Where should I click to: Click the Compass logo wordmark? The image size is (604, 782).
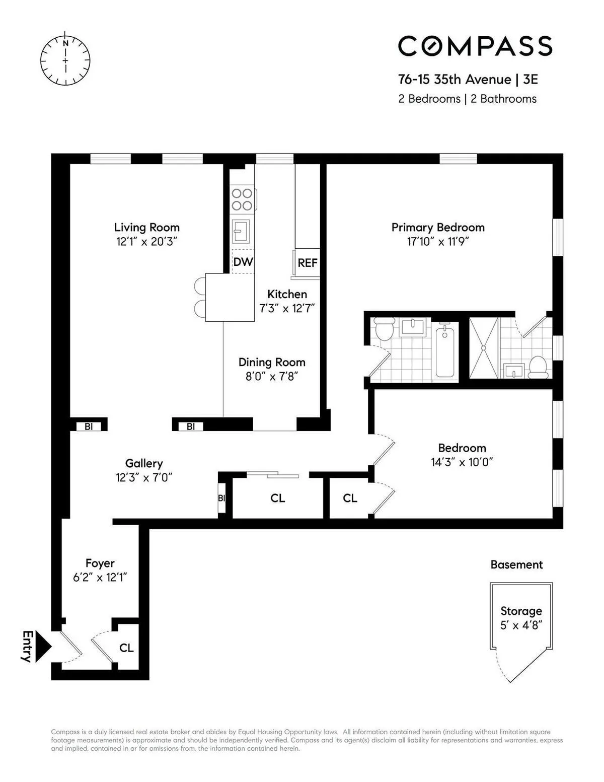point(475,46)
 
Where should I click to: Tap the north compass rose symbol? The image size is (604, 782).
point(65,60)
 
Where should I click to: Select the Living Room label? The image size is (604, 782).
point(146,227)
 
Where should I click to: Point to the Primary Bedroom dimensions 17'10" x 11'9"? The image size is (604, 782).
point(438,242)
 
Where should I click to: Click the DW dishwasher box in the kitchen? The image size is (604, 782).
point(243,262)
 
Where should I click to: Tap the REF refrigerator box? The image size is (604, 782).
point(307,262)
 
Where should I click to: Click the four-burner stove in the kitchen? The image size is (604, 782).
point(242,199)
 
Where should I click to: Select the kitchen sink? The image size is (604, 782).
point(241,231)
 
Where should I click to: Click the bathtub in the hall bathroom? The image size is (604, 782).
point(445,351)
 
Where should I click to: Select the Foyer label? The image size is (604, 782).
point(100,563)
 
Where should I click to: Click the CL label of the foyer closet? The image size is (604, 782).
point(126,648)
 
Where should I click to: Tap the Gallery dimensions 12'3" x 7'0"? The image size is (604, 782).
point(144,477)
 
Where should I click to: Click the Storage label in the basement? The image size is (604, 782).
point(521,611)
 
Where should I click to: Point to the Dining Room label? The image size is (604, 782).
point(272,362)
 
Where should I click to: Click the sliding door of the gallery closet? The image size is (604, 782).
point(273,474)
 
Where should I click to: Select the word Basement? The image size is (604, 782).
point(516,564)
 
